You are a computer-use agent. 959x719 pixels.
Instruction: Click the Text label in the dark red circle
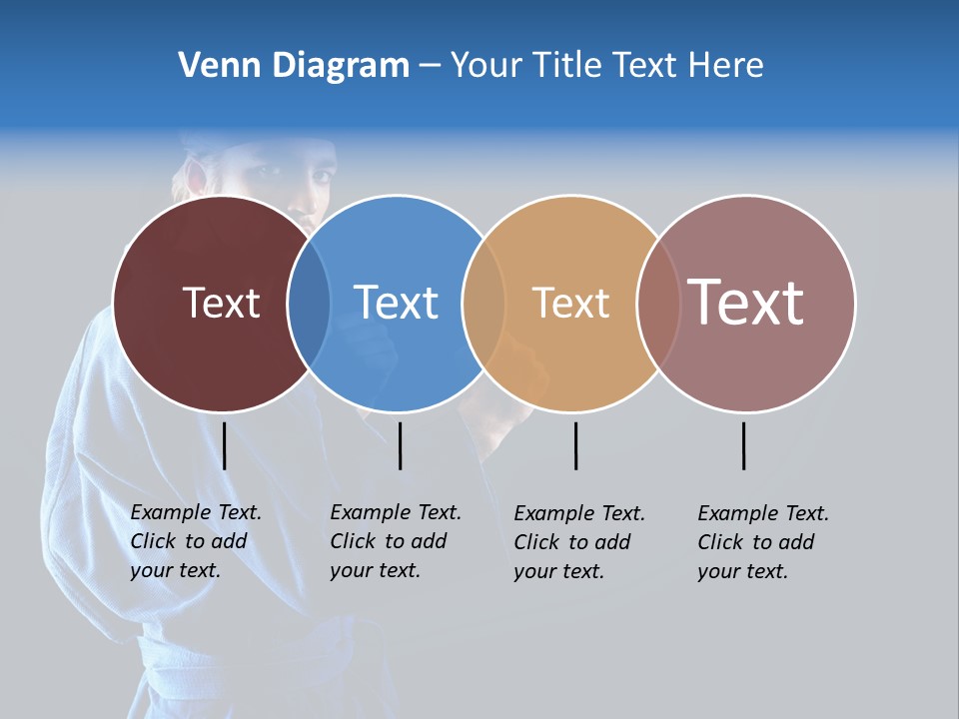point(221,303)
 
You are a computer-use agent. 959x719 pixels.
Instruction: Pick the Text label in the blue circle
point(396,303)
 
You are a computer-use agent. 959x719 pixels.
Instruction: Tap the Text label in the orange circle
point(570,303)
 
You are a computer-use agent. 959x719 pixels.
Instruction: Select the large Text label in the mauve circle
point(746,302)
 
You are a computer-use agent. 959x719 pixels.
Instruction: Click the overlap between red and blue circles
point(309,303)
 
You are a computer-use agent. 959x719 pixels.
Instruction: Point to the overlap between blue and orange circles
point(483,303)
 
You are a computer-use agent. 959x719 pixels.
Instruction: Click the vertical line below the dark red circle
point(225,445)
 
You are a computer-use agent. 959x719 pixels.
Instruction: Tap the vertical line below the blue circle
point(400,445)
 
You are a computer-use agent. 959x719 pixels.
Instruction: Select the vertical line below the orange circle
point(575,445)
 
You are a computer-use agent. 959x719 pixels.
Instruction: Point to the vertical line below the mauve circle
point(743,445)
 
